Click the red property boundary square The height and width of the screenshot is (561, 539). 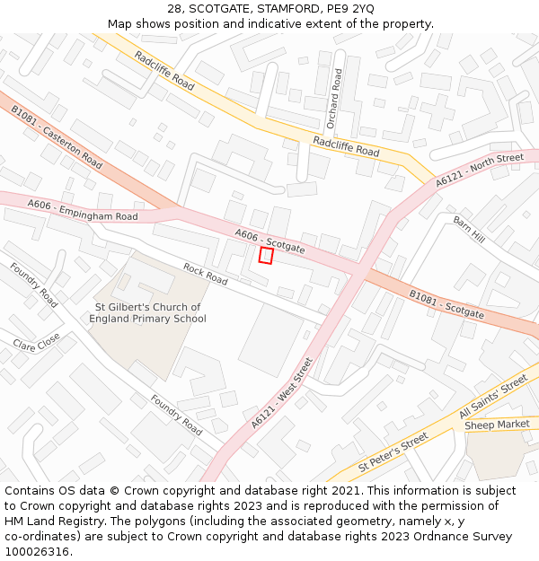pos(266,256)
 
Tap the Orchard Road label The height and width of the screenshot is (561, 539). pos(334,99)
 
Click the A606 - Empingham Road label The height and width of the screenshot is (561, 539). pos(83,211)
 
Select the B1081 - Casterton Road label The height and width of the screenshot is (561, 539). pos(57,136)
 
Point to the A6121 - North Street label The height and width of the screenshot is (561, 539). pos(479,171)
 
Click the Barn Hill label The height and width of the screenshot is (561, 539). pos(469,229)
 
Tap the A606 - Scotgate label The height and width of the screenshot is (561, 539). pos(269,241)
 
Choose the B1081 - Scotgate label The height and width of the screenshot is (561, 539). pos(446,304)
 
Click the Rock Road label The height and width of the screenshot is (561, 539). pos(206,273)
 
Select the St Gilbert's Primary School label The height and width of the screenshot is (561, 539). pos(148,312)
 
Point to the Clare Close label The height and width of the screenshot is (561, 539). pos(37,342)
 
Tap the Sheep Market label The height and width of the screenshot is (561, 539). pos(497,424)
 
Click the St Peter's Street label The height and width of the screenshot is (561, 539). pos(393,454)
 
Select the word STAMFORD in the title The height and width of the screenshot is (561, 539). pos(289,9)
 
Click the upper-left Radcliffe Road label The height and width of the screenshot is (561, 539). pos(164,70)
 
